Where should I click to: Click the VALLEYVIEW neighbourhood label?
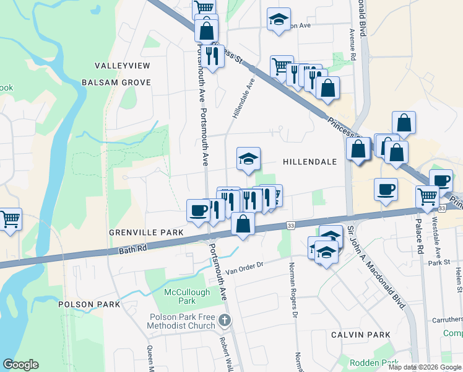[121, 65]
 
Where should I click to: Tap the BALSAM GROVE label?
[116, 82]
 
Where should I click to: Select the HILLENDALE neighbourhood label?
[309, 162]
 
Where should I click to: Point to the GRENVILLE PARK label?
[146, 232]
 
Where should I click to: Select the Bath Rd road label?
[133, 249]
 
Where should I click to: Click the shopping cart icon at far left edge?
[11, 219]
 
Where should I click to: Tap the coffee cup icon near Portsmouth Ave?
[198, 211]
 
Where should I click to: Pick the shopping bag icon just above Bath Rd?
[243, 224]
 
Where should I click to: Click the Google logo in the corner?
[20, 365]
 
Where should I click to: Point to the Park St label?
[438, 263]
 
